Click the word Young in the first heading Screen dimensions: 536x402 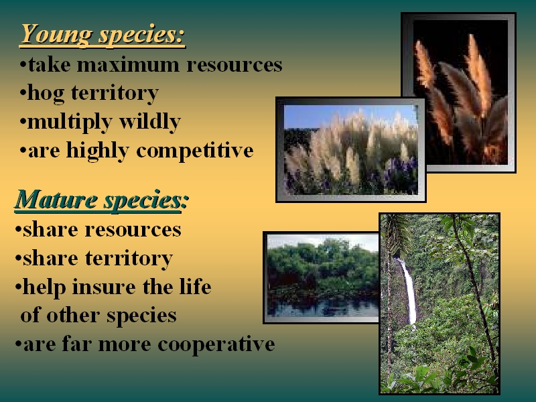56,35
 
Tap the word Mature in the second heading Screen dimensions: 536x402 56,200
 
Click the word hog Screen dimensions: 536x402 46,94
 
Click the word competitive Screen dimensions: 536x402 195,151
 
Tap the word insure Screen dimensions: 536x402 104,287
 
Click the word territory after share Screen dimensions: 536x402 129,259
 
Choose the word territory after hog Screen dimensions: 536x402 115,93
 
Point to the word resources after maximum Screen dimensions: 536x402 234,65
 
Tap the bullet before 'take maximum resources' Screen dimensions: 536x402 23,64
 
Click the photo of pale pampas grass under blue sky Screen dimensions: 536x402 350,149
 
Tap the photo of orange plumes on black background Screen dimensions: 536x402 460,92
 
